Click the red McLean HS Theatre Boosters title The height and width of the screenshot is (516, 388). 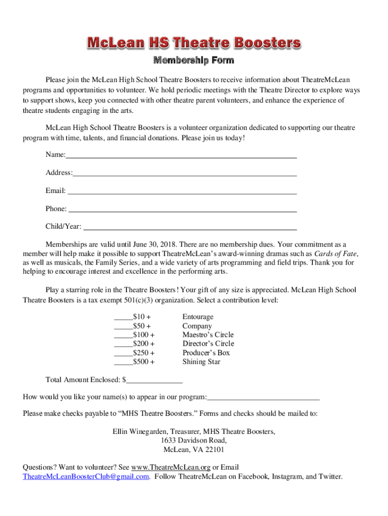(x=194, y=43)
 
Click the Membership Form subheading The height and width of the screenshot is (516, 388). (x=194, y=61)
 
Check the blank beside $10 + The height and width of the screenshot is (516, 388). (x=123, y=318)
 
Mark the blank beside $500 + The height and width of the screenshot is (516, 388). (x=123, y=363)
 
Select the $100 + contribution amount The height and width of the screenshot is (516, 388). (x=144, y=335)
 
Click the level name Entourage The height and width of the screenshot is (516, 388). (x=198, y=317)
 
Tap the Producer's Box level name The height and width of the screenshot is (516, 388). (x=206, y=353)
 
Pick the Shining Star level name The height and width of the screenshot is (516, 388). (x=201, y=362)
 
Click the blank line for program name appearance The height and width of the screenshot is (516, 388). (x=264, y=399)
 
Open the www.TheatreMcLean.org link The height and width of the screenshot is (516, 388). (x=170, y=468)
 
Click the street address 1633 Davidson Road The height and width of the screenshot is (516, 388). (x=194, y=441)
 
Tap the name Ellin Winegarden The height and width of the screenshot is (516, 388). (x=140, y=432)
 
